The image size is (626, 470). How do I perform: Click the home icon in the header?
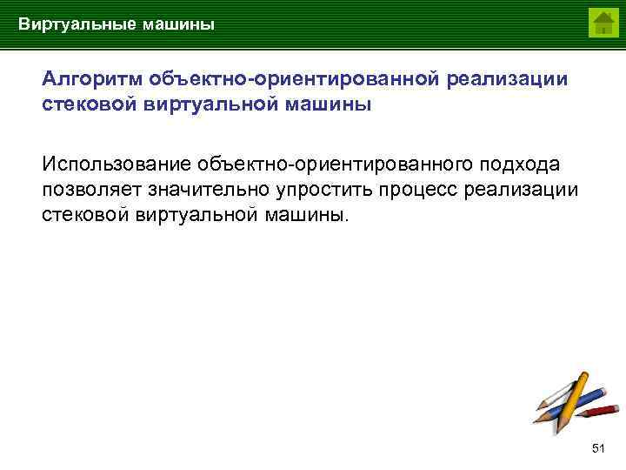(x=603, y=23)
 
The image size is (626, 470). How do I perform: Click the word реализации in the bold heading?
(x=508, y=79)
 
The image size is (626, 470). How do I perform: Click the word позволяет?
(x=90, y=189)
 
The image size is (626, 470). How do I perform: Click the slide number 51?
(x=597, y=447)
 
